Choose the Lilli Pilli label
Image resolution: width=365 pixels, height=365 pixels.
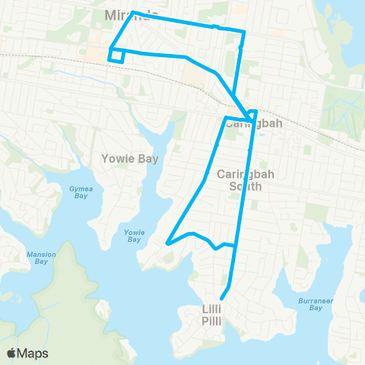click(211, 315)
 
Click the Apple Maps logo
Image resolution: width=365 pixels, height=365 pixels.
click(13, 352)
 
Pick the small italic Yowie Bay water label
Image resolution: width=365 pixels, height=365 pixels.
click(134, 236)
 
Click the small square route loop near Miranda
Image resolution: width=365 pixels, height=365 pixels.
click(116, 56)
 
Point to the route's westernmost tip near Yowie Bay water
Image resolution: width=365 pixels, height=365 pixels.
click(167, 243)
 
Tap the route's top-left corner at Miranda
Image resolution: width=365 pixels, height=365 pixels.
click(133, 12)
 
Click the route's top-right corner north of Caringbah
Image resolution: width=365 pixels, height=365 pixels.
click(244, 32)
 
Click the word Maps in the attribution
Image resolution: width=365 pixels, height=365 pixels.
click(33, 353)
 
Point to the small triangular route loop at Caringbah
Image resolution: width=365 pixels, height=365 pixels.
click(252, 113)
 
